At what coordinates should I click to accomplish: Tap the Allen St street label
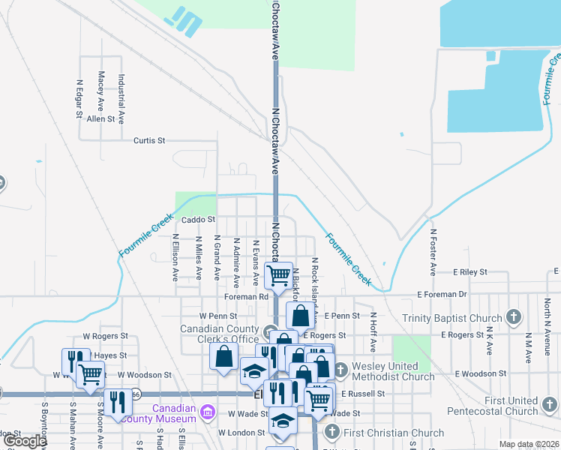coord(100,118)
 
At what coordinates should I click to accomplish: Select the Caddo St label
coord(199,220)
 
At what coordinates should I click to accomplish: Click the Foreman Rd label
coord(246,297)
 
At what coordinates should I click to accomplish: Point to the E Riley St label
coord(469,271)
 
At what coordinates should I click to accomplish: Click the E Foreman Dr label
coord(442,295)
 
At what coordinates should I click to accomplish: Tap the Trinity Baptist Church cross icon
coord(514,317)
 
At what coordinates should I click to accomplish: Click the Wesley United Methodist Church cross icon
coord(340,370)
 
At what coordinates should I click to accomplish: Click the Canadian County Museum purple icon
coord(208,412)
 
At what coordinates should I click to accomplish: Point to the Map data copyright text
coord(528,444)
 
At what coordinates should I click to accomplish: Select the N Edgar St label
coord(78,100)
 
